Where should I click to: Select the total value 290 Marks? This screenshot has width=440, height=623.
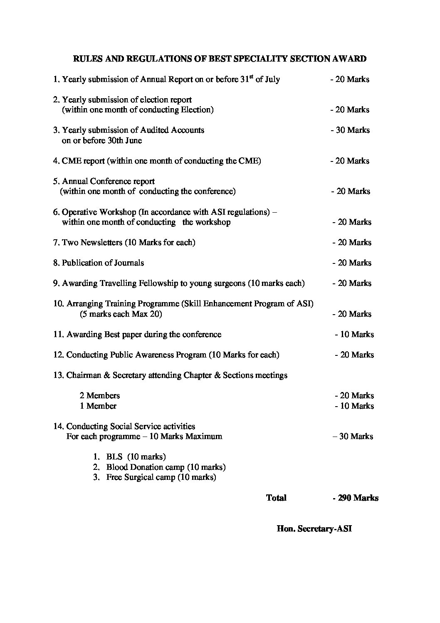point(356,498)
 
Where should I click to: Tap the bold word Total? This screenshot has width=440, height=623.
point(276,498)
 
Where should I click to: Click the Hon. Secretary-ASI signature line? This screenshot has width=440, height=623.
point(314,529)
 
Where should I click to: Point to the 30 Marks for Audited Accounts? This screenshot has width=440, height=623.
point(351,130)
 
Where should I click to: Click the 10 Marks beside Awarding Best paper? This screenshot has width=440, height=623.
point(355,335)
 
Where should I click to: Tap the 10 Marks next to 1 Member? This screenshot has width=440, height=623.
point(355,406)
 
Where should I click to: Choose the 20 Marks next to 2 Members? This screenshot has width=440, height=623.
point(355,396)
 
